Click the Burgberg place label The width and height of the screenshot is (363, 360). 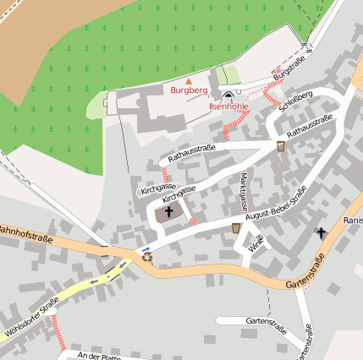point(189,90)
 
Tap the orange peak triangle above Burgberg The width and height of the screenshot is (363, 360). point(189,80)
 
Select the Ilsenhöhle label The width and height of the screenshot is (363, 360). point(228,106)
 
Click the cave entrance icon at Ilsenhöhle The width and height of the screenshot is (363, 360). point(228,95)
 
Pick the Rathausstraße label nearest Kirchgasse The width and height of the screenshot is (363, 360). point(192,153)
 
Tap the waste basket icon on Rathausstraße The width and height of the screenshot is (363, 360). point(281,146)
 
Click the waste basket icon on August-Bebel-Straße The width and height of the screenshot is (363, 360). point(236,228)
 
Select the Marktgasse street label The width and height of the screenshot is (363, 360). point(244,191)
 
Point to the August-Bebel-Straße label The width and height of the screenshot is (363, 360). point(275,206)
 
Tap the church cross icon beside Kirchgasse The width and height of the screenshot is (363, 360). point(168,212)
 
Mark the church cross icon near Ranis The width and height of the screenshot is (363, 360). point(321,232)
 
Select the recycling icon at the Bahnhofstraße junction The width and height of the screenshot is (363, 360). point(147,255)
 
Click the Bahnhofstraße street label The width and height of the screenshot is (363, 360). point(25,233)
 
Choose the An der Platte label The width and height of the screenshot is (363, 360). point(100,356)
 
